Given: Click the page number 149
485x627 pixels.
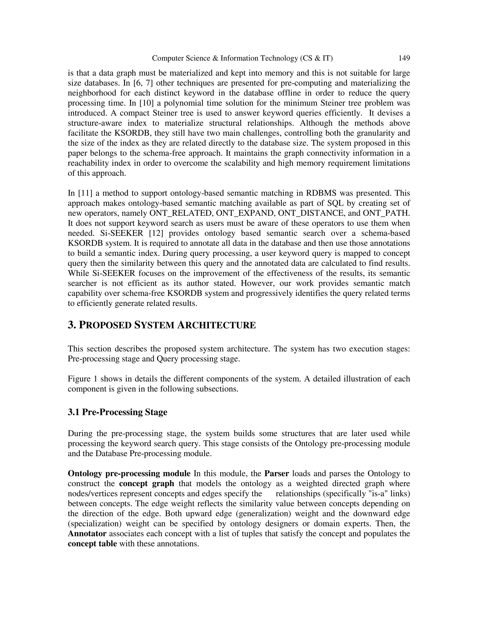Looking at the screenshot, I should coord(404,58).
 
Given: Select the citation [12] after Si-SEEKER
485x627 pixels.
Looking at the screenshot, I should coord(156,233).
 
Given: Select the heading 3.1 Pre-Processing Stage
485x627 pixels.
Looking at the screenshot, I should coord(117,412).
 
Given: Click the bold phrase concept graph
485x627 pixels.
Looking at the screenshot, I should coord(147,483).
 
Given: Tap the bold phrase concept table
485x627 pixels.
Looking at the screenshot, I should coord(92,544).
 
